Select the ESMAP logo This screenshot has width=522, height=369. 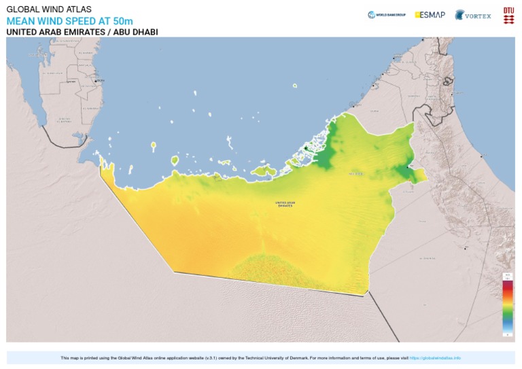tap(430, 14)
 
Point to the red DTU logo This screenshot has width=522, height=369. tap(508, 15)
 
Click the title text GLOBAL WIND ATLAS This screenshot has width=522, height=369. tap(48, 10)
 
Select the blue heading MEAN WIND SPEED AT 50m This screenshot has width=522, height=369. tap(69, 21)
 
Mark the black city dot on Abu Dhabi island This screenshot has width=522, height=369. tap(306, 149)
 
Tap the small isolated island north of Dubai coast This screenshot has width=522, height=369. tap(295, 86)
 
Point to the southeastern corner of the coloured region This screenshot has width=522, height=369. tap(367, 294)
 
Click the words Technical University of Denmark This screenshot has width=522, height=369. tap(273, 358)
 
